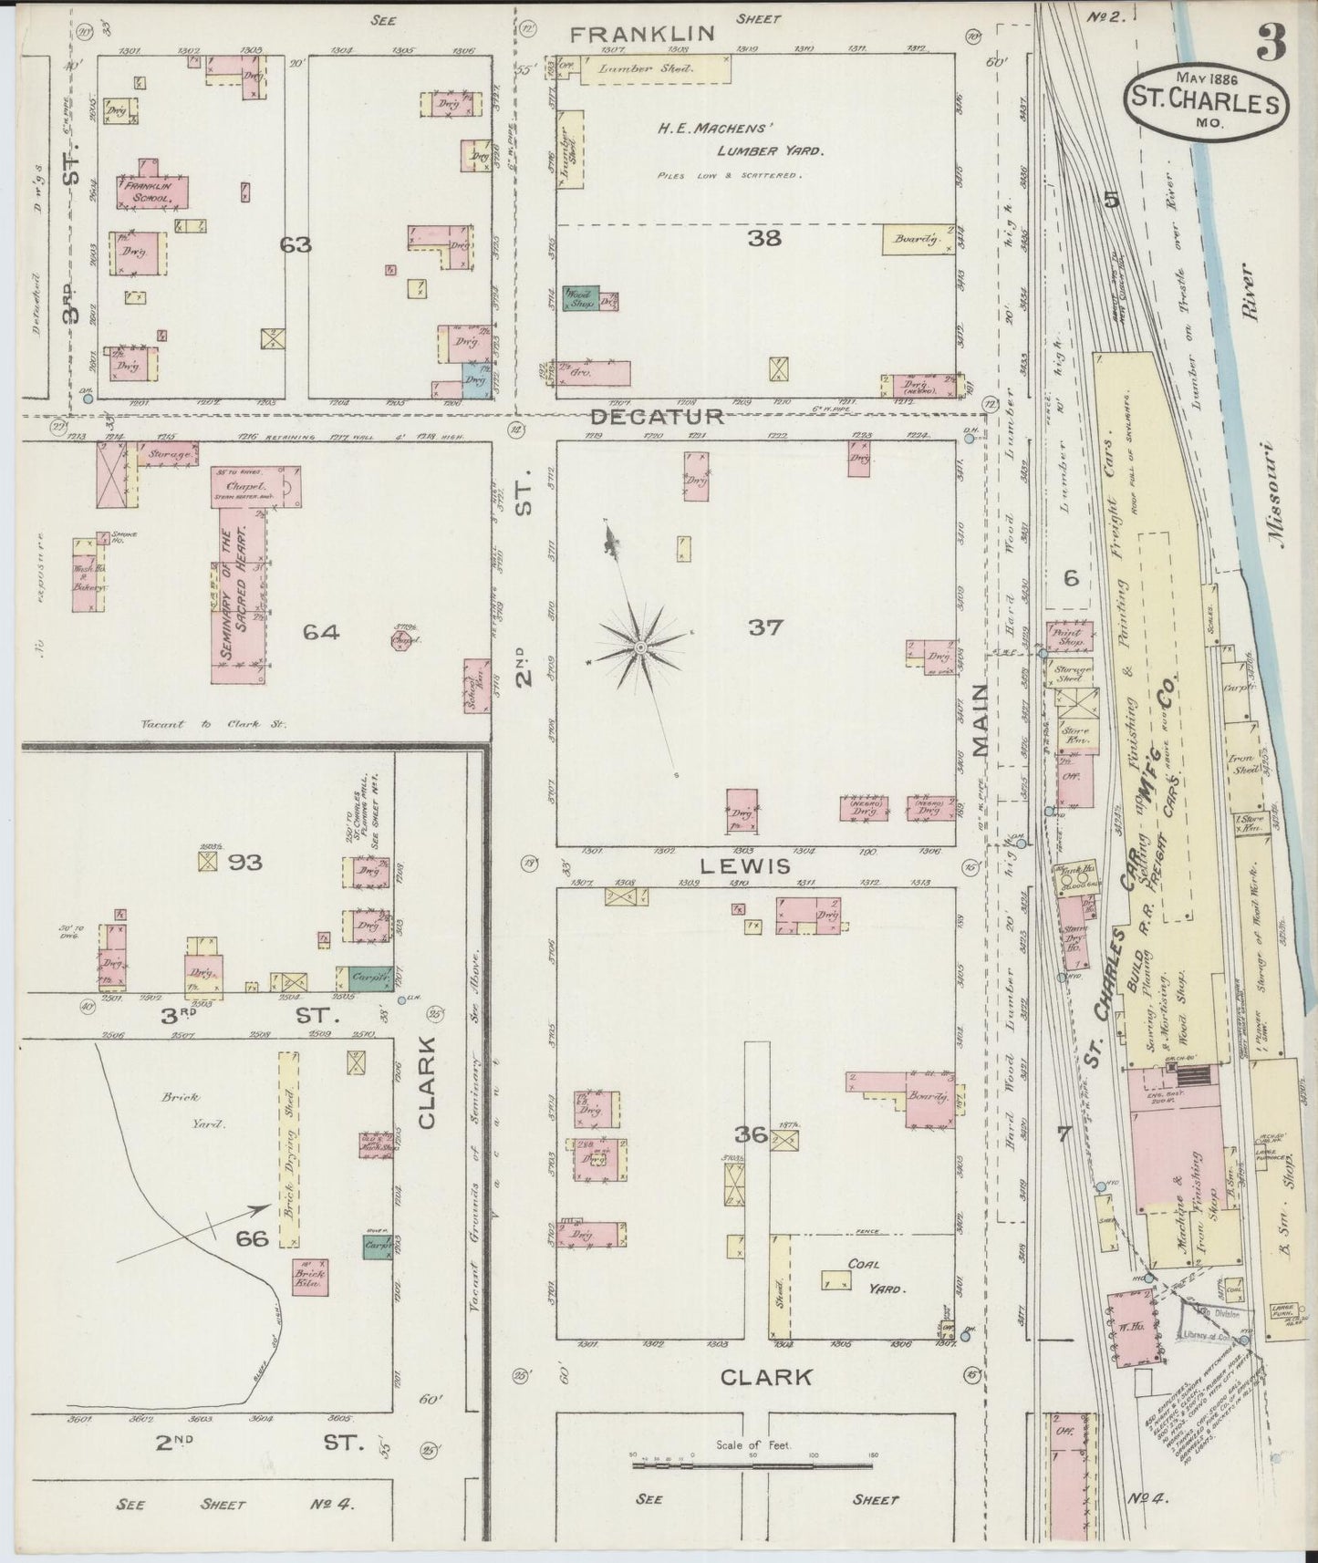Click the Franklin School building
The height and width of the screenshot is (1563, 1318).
click(x=151, y=191)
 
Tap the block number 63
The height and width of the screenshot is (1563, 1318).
click(x=296, y=244)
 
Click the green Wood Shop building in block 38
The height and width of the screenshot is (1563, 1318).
click(x=580, y=300)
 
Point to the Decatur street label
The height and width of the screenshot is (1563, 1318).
click(x=657, y=416)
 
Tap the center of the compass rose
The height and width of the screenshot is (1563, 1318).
click(x=641, y=647)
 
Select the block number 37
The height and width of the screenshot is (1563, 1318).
click(x=765, y=627)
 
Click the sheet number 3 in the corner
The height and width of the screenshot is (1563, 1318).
click(x=1271, y=41)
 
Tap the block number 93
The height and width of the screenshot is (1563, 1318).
click(x=244, y=861)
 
